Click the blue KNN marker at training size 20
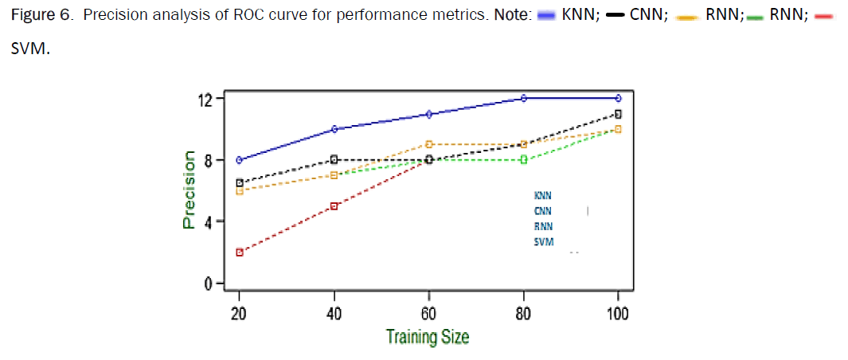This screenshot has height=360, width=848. (x=239, y=160)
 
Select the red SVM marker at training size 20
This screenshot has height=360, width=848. (x=239, y=252)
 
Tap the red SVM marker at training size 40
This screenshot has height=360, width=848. (x=334, y=206)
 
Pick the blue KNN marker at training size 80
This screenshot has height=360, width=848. (x=524, y=98)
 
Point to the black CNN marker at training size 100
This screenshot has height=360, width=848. (x=618, y=114)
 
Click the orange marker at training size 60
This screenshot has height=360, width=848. (x=429, y=144)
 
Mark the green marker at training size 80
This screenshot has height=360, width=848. (x=524, y=159)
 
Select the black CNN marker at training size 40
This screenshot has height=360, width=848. (x=334, y=159)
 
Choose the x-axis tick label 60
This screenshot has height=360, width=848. (x=429, y=313)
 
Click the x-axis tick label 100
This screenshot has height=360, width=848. (x=617, y=313)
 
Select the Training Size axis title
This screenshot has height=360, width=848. (x=428, y=337)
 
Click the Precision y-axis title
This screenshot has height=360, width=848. (x=189, y=190)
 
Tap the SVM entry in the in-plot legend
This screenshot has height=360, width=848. (x=544, y=242)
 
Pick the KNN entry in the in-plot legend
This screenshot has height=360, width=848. (x=542, y=194)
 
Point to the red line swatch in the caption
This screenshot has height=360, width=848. (x=824, y=16)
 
